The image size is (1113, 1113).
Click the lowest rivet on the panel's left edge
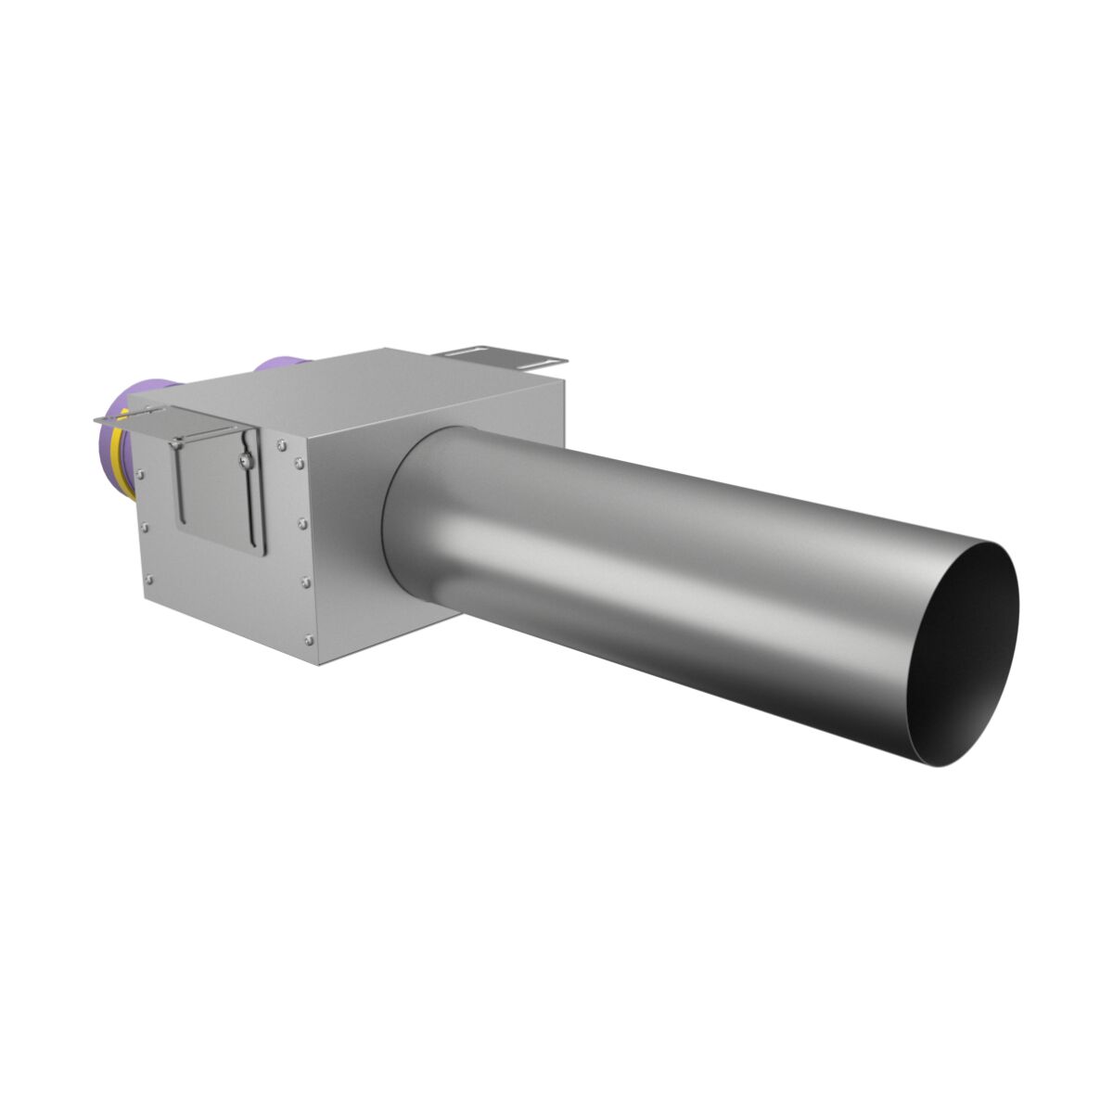(148, 579)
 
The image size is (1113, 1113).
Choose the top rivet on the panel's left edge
(140, 474)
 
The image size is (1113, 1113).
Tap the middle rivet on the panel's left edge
(145, 528)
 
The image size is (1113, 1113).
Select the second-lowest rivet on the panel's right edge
(305, 582)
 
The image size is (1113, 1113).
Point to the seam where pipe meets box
(390, 519)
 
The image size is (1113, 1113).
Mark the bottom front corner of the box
(317, 664)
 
